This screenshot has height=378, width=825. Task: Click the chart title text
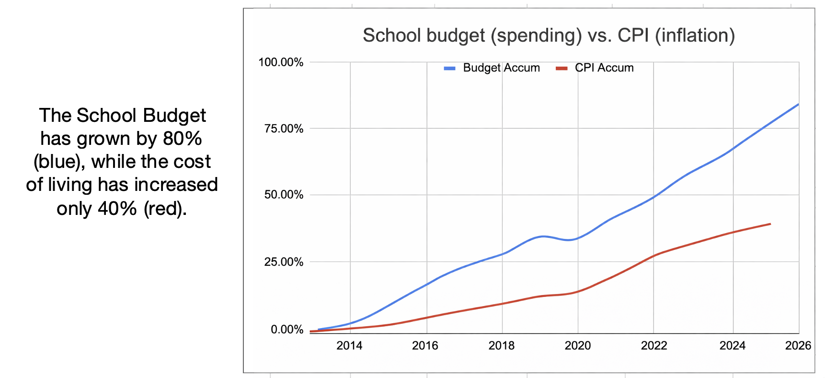(549, 35)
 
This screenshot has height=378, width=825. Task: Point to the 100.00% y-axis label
(281, 62)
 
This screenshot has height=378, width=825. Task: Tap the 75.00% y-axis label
(284, 129)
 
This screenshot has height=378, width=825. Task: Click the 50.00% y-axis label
(284, 195)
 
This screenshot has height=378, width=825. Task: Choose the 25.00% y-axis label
(284, 262)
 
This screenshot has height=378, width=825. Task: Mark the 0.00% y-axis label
(286, 330)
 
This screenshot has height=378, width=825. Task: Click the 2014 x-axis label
(349, 345)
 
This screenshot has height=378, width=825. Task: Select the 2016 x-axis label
(425, 345)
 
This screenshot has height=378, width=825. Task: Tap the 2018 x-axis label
(501, 345)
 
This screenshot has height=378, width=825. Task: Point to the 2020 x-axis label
(577, 345)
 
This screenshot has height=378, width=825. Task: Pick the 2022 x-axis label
(654, 345)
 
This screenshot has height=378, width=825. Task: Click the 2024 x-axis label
(733, 345)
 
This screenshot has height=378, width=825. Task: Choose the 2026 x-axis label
(798, 345)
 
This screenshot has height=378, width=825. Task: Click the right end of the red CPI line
(770, 224)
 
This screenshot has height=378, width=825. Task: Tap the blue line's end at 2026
(798, 104)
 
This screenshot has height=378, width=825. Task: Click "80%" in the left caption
(182, 139)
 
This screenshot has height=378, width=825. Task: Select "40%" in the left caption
(117, 209)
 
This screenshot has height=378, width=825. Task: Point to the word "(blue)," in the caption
(59, 162)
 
